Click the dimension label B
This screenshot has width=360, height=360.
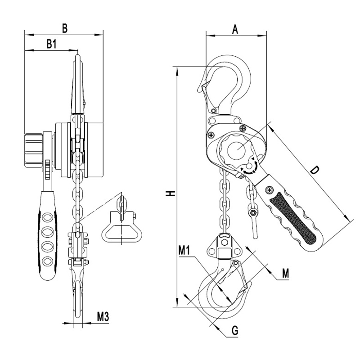(65, 28)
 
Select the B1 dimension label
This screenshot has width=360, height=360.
(52, 44)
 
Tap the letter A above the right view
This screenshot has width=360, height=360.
(235, 29)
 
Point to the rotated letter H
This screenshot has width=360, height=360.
(171, 193)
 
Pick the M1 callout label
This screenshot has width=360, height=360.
(184, 251)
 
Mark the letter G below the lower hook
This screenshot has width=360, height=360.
(234, 331)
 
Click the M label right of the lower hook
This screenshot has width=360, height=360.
(285, 273)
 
